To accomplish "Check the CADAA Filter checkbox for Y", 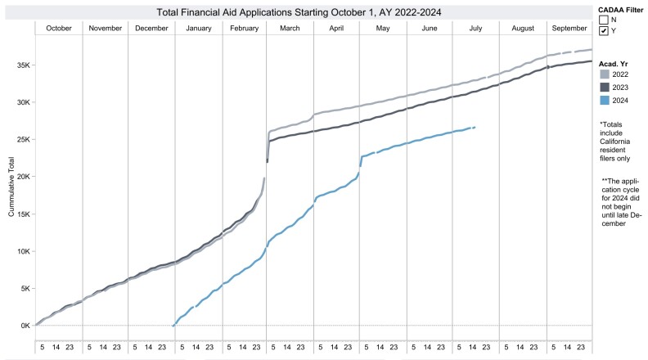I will (604, 31).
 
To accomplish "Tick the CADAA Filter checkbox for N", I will (604, 19).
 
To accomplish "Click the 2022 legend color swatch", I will (605, 73).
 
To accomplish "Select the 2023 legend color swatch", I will (605, 86).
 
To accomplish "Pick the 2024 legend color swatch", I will (605, 100).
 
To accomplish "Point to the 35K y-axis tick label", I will (24, 65).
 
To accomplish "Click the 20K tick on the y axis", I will (24, 177).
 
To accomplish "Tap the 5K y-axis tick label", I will (25, 288).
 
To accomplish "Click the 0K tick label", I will (25, 326).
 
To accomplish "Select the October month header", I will (59, 29).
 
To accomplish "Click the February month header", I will (245, 29).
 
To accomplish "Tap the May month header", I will (382, 29).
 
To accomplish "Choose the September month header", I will (569, 29).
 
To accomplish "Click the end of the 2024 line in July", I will (475, 128).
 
